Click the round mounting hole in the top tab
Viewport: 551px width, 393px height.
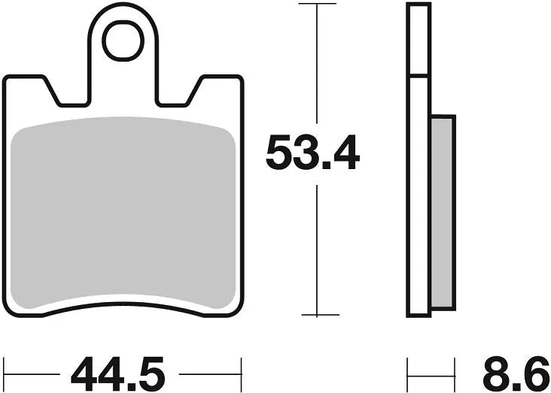pos(123,41)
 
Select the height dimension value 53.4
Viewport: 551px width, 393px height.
pos(312,155)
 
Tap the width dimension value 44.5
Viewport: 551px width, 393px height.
pos(117,371)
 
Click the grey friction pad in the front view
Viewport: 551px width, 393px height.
pos(123,214)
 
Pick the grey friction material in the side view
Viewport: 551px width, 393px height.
pos(443,212)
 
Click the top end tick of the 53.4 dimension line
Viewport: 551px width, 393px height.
pos(317,4)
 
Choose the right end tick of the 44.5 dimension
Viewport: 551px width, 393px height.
pos(241,371)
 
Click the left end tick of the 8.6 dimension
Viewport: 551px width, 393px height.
pos(408,371)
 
